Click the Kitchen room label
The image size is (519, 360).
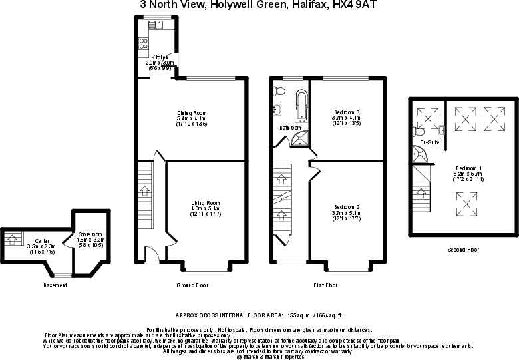click(x=159, y=58)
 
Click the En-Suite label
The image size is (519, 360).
click(x=429, y=142)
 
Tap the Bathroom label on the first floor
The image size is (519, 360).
click(x=290, y=127)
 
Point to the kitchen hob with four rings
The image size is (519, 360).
click(x=143, y=45)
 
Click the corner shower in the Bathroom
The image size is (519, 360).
click(x=300, y=138)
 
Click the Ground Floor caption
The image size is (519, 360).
click(x=193, y=285)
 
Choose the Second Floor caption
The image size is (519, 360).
click(x=464, y=250)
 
